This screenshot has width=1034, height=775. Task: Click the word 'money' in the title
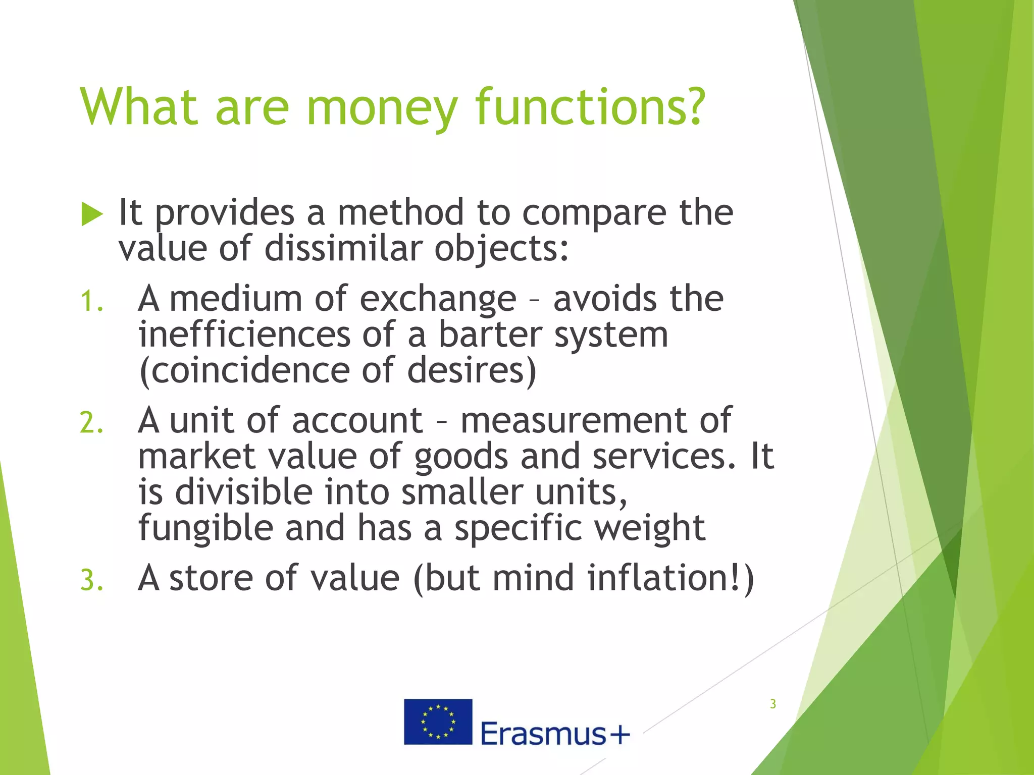[x=382, y=107]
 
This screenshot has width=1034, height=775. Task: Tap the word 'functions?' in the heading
[x=590, y=107]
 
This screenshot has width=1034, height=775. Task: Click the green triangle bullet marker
[x=92, y=215]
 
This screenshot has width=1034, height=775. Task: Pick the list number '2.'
[x=92, y=423]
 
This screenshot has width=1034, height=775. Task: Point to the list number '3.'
[x=92, y=580]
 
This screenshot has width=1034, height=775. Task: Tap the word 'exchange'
[x=438, y=300]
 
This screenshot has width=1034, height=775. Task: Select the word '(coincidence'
[x=244, y=371]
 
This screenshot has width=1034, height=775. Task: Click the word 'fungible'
[x=205, y=528]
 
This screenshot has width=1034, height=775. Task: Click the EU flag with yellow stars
[x=438, y=722]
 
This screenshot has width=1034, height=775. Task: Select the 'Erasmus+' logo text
[x=555, y=734]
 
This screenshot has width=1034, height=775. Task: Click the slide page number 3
[x=772, y=704]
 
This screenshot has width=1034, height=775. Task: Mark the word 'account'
[x=357, y=421]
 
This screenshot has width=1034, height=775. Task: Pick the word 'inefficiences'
[x=244, y=335]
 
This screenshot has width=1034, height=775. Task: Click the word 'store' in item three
[x=211, y=578]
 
